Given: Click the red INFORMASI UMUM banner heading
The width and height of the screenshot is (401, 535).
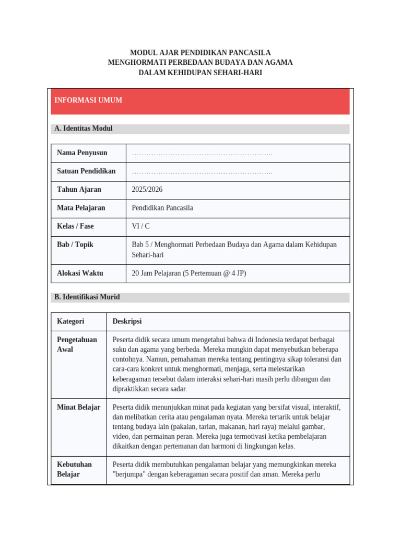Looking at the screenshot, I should coord(88,100).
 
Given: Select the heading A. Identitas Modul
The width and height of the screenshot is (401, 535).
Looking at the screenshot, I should coord(83,129).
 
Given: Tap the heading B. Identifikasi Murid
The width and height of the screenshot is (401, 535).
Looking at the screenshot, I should coord(87,297).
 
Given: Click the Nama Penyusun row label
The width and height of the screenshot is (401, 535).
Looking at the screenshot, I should coord(82,153).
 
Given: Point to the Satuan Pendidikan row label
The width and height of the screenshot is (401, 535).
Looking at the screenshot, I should coord(86,171).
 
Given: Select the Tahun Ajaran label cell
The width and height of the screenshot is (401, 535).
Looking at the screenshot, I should coord(79,190).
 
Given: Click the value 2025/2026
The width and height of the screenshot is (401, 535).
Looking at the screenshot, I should coord(147,190).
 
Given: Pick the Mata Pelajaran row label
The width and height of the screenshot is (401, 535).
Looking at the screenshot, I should coord(81,208).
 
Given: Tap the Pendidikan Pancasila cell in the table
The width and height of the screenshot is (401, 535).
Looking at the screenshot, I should coord(162,208).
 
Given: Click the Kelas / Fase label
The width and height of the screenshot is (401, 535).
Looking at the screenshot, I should coord(75,226).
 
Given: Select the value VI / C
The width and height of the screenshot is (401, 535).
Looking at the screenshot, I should coord(140,226).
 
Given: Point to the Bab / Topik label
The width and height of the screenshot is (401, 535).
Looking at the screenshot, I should coord(75,245).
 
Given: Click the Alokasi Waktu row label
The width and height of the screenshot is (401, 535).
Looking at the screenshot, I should coord(80,273).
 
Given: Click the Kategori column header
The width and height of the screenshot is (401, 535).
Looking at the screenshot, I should coord(70,321).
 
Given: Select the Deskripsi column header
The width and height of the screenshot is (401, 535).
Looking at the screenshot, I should coord(127,321).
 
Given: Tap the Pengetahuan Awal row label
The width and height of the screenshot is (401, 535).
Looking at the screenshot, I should coord(77,345).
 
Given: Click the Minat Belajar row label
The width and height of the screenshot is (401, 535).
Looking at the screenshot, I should coord(78,408).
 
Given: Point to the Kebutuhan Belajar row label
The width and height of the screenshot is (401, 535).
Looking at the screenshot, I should coord(74,469).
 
